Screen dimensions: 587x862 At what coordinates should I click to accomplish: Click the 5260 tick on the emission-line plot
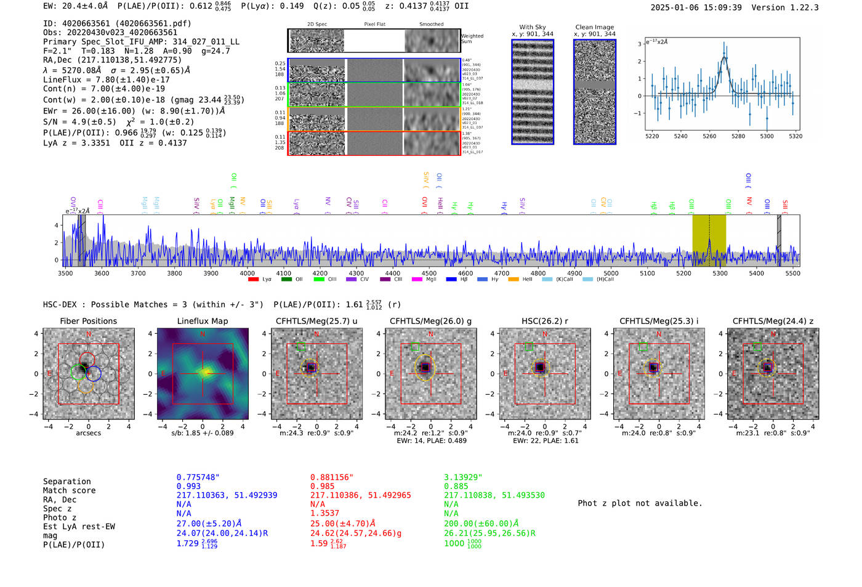tap(709, 136)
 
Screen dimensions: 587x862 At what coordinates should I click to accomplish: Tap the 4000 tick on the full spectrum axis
tap(247, 273)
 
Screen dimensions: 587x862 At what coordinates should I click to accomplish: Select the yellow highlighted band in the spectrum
tap(709, 240)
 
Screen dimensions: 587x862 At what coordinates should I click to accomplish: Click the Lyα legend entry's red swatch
tap(253, 280)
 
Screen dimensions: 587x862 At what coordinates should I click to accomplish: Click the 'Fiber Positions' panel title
tap(88, 321)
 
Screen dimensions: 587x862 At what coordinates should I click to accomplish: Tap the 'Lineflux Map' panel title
tap(202, 321)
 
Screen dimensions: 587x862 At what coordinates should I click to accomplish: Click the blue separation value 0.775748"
tap(198, 477)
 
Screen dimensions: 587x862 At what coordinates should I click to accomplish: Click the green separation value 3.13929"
tap(462, 477)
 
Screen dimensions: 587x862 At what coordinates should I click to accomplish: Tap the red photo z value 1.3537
tap(324, 513)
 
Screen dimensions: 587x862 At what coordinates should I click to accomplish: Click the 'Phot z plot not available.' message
tap(640, 503)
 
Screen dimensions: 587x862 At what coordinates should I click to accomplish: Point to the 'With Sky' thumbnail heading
tap(532, 27)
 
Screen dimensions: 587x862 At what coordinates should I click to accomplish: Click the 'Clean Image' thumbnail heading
tap(594, 27)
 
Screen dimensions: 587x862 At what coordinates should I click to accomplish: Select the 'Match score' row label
tap(69, 491)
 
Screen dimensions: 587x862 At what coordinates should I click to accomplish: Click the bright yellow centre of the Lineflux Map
tap(204, 371)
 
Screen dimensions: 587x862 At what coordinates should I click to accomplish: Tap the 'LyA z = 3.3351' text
tap(76, 143)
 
